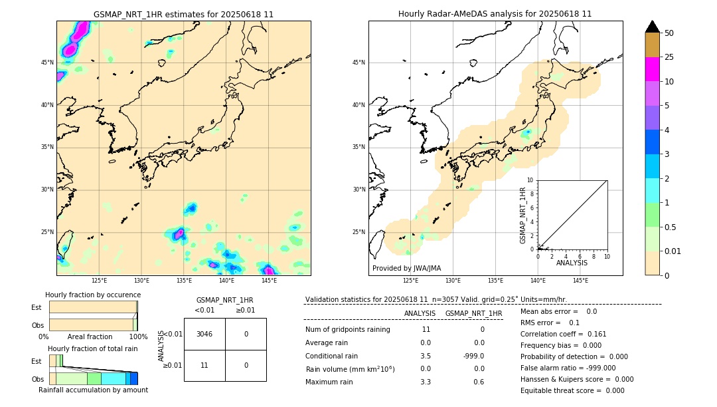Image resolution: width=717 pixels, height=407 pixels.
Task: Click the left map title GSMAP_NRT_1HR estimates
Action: click(183, 14)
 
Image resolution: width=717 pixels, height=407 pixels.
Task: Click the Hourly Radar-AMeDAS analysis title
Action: click(495, 14)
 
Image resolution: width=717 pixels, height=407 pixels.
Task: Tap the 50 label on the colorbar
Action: click(669, 33)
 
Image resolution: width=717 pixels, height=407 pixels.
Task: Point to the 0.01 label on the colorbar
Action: click(673, 251)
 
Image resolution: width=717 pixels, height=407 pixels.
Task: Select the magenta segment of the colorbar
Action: click(652, 69)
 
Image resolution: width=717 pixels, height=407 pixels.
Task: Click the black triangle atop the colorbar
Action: click(652, 27)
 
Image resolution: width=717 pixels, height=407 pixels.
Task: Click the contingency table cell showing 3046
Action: click(204, 334)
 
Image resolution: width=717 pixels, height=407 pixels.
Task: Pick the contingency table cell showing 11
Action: click(204, 365)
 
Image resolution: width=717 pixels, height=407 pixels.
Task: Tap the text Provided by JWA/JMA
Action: click(406, 269)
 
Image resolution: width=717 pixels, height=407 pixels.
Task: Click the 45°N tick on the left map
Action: click(47, 63)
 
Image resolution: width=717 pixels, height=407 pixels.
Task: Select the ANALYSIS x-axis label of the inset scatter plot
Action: click(572, 263)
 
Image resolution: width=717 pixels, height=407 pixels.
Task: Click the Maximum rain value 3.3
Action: click(426, 382)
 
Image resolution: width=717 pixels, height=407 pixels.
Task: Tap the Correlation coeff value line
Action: click(564, 334)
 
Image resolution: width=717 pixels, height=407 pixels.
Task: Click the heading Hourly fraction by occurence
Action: click(93, 295)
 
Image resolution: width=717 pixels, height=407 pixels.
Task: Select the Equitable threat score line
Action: click(572, 390)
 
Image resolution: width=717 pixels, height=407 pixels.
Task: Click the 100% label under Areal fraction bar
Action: click(138, 337)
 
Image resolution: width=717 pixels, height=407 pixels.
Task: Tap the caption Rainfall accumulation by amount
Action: click(93, 390)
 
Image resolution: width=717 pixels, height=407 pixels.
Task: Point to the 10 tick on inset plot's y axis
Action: click(530, 180)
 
